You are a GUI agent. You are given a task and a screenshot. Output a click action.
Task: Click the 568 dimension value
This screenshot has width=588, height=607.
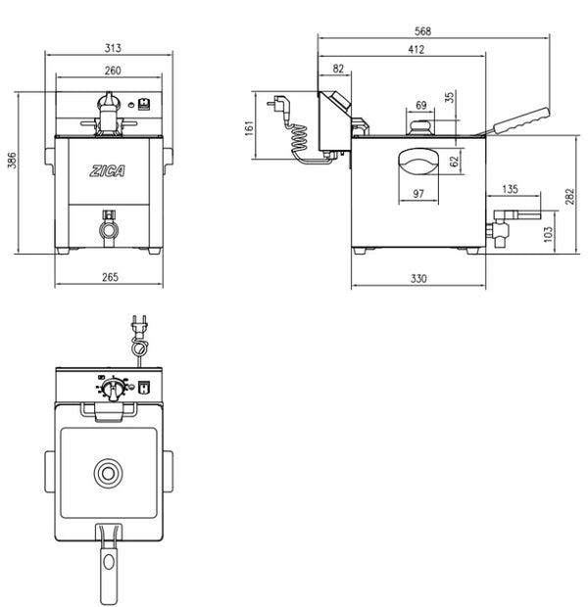click(x=422, y=31)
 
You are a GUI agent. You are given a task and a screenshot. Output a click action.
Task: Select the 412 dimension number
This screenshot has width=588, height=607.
click(x=416, y=50)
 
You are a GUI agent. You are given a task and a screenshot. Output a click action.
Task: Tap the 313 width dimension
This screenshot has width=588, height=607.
click(x=113, y=48)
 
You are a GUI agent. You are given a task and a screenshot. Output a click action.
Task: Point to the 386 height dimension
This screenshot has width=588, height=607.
click(x=13, y=161)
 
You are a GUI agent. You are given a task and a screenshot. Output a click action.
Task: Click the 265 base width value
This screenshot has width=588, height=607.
click(x=110, y=277)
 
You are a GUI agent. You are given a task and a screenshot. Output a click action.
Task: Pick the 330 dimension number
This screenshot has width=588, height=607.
click(x=418, y=278)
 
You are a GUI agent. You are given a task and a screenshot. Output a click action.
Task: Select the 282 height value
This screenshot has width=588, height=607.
click(x=569, y=197)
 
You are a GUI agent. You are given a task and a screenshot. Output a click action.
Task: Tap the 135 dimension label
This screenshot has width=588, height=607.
click(x=510, y=189)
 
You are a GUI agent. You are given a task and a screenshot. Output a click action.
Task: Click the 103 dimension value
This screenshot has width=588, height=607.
click(x=548, y=234)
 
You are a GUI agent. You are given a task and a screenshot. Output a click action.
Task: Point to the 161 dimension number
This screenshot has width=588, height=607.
click(x=249, y=128)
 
